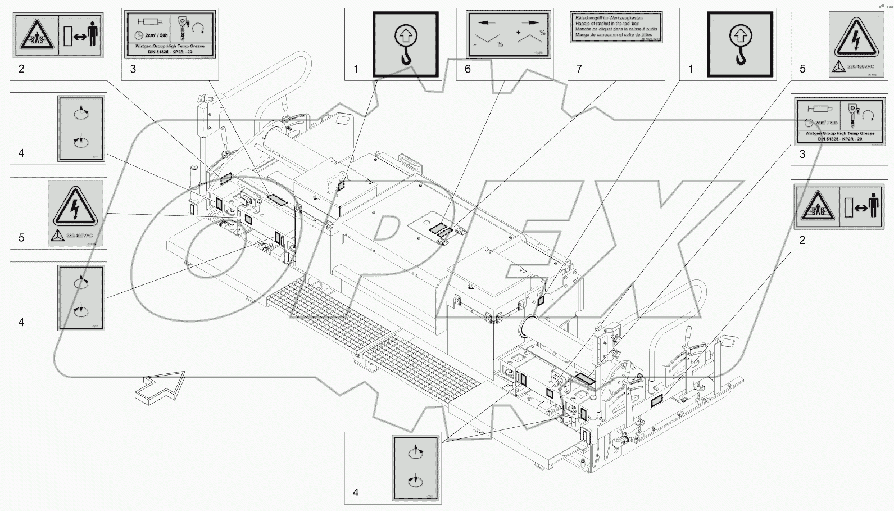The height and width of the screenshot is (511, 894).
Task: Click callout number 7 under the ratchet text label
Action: click(x=579, y=69)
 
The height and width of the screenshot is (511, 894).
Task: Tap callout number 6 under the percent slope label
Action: click(x=468, y=69)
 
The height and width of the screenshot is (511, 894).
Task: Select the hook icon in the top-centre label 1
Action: click(x=406, y=44)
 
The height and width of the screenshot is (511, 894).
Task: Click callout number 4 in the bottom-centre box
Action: click(x=356, y=492)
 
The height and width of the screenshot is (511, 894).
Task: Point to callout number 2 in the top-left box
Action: click(x=21, y=69)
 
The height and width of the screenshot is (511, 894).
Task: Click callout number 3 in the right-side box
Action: click(x=802, y=155)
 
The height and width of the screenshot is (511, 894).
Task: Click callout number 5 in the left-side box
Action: click(x=21, y=238)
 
